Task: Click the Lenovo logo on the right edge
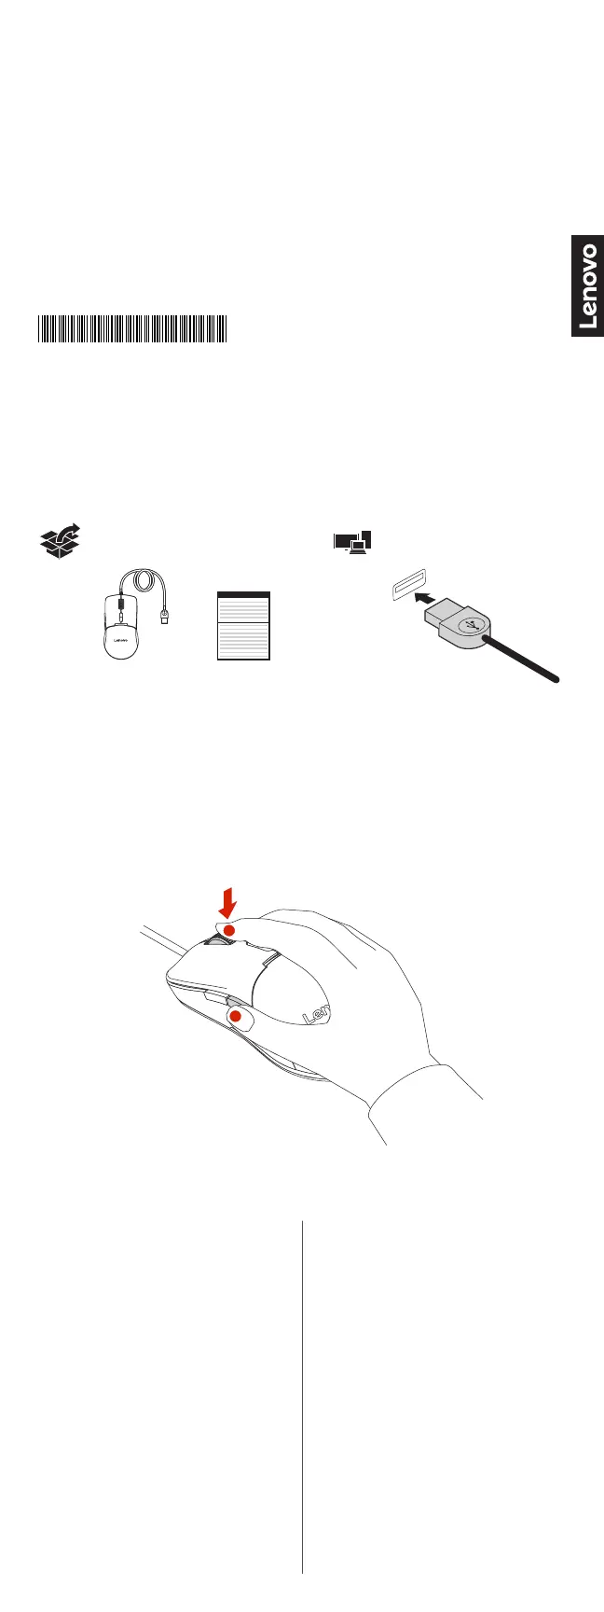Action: point(587,286)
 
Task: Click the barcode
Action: point(132,329)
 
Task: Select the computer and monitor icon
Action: point(353,541)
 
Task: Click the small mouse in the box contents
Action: point(120,626)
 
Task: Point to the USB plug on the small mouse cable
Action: point(165,616)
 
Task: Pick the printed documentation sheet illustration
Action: point(243,626)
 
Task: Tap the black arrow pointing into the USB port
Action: point(426,599)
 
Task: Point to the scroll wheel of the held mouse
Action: point(217,943)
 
